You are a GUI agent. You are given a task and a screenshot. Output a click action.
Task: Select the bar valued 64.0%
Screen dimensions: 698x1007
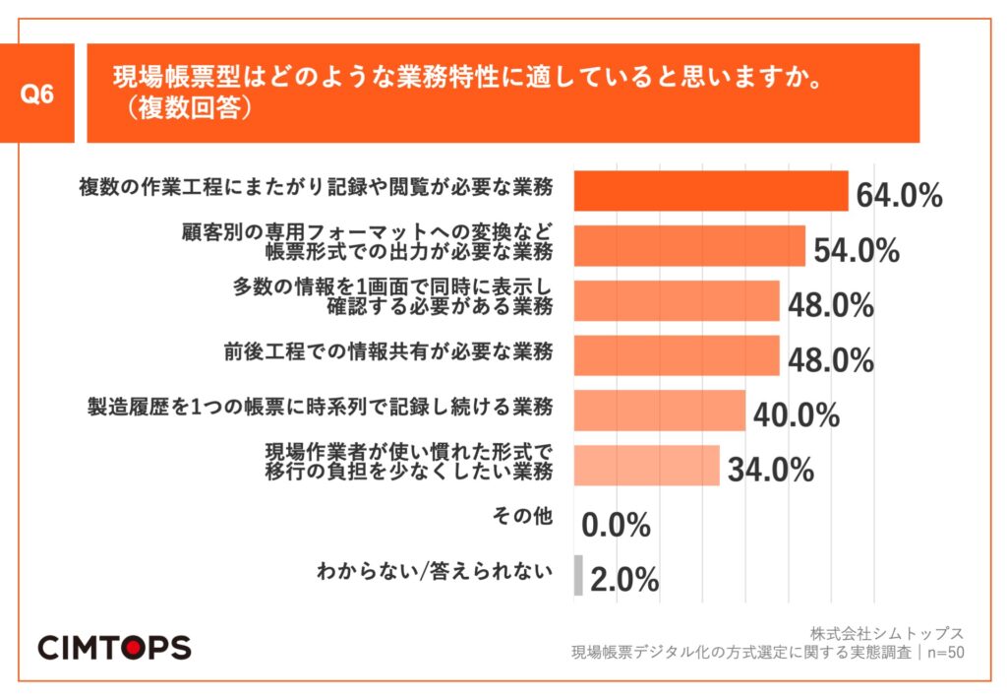click(710, 191)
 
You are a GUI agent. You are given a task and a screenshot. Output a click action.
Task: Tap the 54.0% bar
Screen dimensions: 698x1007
click(688, 246)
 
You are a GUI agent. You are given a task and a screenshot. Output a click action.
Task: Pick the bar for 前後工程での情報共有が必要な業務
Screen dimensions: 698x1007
click(676, 355)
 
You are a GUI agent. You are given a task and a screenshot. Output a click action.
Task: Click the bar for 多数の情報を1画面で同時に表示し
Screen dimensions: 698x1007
click(676, 301)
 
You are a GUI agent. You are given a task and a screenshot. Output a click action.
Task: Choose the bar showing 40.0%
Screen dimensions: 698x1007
click(659, 411)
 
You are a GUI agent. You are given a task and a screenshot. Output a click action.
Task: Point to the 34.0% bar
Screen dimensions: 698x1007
click(646, 466)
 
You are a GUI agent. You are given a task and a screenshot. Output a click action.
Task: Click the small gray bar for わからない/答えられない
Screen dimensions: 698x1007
click(578, 575)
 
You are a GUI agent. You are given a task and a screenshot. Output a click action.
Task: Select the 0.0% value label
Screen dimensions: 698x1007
click(617, 526)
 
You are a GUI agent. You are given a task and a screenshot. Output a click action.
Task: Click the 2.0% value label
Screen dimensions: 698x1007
click(624, 580)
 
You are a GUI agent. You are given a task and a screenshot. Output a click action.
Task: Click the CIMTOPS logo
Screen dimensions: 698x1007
click(114, 646)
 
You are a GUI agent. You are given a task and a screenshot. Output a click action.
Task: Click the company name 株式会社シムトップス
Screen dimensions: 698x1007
click(887, 633)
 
